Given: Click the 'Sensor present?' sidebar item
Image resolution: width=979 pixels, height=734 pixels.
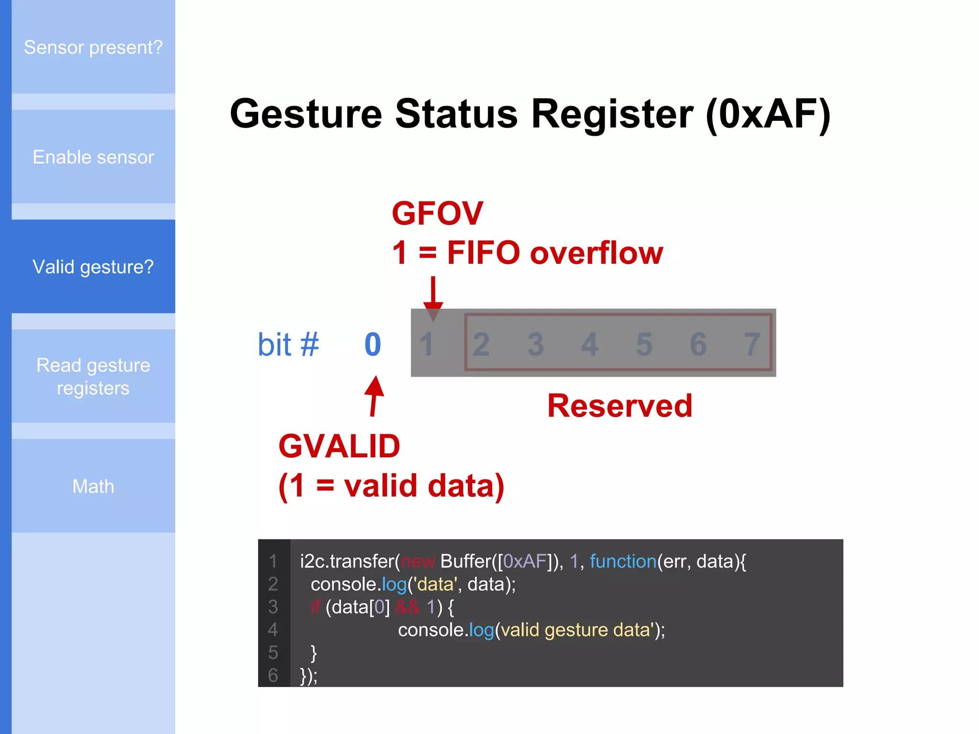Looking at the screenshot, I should (x=93, y=47).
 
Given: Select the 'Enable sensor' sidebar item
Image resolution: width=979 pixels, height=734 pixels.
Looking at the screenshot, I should (x=93, y=157).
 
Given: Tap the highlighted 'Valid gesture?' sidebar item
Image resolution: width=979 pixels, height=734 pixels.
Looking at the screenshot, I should (x=93, y=267).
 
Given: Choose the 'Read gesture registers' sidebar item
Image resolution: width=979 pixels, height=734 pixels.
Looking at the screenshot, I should (x=93, y=377).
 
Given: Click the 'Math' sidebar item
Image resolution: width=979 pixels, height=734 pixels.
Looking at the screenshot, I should (x=93, y=486).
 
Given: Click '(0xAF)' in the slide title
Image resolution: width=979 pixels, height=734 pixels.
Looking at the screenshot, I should (x=768, y=115).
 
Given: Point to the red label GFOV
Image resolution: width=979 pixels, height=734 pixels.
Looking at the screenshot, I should (x=437, y=213).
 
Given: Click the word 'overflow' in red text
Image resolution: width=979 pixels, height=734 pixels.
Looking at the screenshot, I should (x=597, y=253).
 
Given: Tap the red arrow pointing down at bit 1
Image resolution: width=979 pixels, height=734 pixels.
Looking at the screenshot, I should (x=433, y=296).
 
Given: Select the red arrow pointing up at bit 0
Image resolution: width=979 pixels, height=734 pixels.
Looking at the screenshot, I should (x=374, y=396).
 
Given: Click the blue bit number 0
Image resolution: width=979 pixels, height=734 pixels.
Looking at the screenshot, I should (x=373, y=345).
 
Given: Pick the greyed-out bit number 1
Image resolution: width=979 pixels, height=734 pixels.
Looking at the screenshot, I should (x=426, y=345).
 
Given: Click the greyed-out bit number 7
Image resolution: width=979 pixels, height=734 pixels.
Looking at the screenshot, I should (x=752, y=345).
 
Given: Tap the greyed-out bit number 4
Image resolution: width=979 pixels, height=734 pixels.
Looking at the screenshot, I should (x=590, y=345).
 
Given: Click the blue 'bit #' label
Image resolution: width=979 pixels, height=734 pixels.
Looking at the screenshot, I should (x=288, y=345).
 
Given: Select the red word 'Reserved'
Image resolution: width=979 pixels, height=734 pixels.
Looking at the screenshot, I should (x=620, y=406).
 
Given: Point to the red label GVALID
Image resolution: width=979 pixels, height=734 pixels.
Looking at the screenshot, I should (x=339, y=446).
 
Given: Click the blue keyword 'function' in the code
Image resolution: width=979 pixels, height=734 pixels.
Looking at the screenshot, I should (x=623, y=561).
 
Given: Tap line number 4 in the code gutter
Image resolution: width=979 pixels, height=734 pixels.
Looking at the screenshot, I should (x=273, y=630).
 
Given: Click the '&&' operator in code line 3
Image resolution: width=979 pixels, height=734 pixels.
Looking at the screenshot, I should (x=407, y=607).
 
